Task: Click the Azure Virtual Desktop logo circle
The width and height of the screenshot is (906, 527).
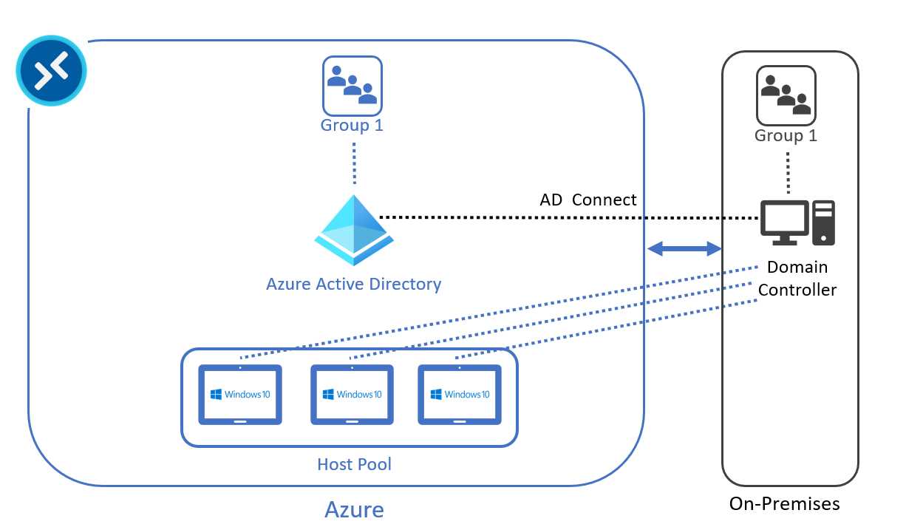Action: coord(51,71)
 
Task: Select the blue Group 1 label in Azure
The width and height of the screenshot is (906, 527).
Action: coord(352,125)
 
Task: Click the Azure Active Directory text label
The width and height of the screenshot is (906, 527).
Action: coord(353,284)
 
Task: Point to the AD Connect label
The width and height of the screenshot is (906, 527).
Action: coord(588,200)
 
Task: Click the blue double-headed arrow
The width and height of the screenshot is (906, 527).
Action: coord(684,249)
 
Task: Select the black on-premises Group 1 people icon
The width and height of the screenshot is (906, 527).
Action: coord(786,95)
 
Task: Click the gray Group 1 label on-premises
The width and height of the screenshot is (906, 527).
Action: coord(786,136)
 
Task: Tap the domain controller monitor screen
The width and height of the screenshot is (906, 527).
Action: coord(784,218)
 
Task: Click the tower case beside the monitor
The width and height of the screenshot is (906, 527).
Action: coord(823,222)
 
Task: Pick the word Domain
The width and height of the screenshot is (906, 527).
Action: coord(797,267)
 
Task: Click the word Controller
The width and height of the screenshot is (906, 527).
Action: coord(797,290)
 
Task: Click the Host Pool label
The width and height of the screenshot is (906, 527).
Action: coord(354,464)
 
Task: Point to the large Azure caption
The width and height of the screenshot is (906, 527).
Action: coord(354,509)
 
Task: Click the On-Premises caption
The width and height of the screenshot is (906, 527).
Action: coord(784,503)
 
